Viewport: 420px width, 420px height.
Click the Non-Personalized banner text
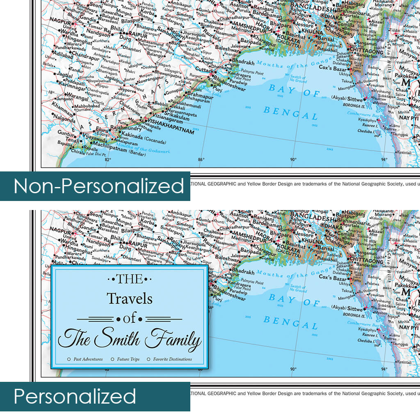point(98,186)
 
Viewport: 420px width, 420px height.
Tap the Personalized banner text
point(75,397)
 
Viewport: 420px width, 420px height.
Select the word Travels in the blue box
point(130,298)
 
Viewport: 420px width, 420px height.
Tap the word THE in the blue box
point(130,279)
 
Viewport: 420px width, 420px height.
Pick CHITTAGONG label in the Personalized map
point(366,261)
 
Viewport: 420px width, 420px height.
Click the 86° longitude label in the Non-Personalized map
point(201,160)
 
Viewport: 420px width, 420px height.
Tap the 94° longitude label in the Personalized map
point(384,369)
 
